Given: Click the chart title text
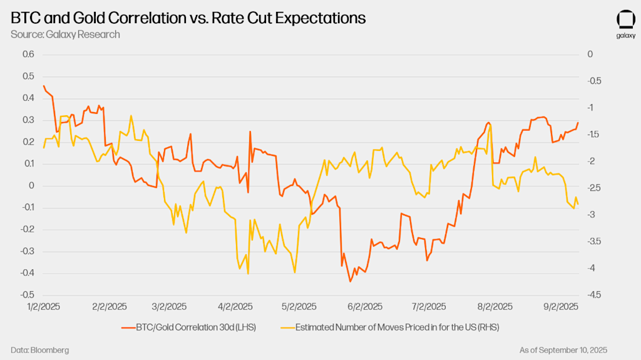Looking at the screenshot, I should [x=188, y=19].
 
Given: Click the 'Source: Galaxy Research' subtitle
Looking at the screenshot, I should [x=65, y=34].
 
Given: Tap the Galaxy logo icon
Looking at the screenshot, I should [x=625, y=20].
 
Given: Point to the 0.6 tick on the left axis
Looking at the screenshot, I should [x=28, y=54].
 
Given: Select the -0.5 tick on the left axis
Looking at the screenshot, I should [x=27, y=295].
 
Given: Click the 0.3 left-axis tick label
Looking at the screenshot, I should [x=28, y=120].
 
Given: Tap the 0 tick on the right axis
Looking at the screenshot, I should [x=590, y=54].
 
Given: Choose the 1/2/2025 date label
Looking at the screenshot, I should [x=44, y=307].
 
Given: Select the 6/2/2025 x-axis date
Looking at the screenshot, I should [x=364, y=307].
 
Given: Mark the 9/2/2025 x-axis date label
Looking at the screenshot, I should [x=560, y=307].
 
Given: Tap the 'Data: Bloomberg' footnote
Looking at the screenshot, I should [x=39, y=349].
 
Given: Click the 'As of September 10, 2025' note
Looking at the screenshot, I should [x=563, y=349].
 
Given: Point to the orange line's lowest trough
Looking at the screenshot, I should [x=350, y=282].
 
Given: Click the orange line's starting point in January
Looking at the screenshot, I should [x=43, y=86].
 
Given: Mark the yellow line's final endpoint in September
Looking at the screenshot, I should [x=578, y=204].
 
